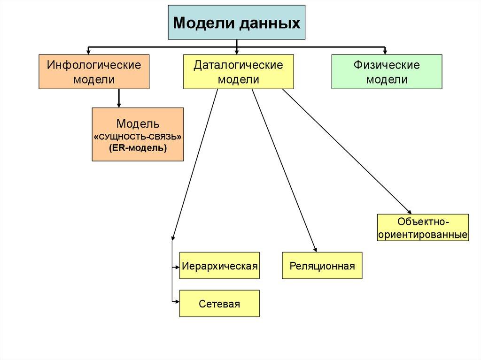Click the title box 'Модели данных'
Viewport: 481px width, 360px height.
tap(237, 22)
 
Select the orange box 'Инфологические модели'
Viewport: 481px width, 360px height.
tap(94, 72)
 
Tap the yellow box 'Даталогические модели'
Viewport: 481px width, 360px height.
tap(239, 72)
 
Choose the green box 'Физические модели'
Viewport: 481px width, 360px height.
tap(387, 72)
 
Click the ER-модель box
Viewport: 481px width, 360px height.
tap(138, 135)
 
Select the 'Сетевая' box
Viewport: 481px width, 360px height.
tap(220, 304)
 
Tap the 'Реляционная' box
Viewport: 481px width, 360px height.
tap(322, 266)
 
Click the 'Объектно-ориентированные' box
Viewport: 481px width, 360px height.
tap(423, 228)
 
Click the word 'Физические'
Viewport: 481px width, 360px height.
tap(387, 65)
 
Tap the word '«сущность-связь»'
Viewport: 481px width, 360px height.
tap(138, 137)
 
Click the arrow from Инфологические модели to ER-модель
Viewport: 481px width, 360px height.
tap(119, 98)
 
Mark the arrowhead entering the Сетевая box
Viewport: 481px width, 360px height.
tap(177, 304)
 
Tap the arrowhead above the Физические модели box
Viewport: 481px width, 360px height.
tap(385, 51)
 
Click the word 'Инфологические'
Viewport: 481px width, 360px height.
tap(94, 65)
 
